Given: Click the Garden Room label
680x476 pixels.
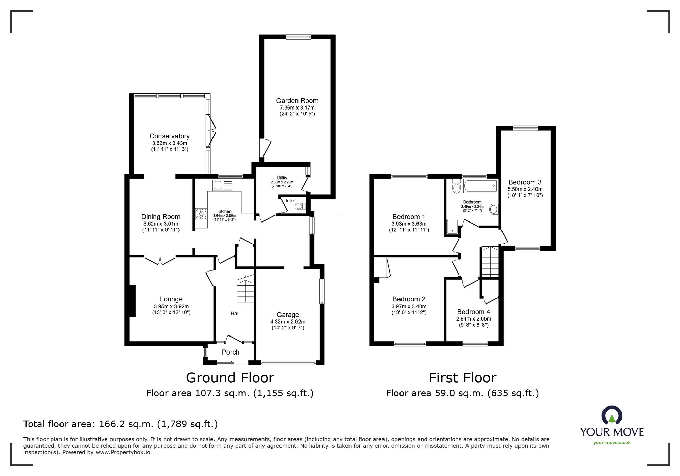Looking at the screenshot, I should [297, 101].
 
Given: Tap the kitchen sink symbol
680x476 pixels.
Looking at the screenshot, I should [223, 185].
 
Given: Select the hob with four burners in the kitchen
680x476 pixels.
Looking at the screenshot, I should [201, 214].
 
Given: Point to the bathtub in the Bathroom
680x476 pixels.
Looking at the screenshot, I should [480, 186].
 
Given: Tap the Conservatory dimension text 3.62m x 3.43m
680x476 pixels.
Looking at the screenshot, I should [169, 143].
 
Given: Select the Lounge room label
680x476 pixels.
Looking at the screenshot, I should [171, 299].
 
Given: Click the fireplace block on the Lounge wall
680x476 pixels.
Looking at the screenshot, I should [132, 301].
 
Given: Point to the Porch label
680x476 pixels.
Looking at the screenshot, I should [231, 352].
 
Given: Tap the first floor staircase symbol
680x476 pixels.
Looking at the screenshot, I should [490, 262].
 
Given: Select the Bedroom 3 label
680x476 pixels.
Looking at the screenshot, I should [525, 182].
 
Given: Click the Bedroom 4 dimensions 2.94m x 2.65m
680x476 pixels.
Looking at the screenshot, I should [473, 319].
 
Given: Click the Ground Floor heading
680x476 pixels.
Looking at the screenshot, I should [230, 378].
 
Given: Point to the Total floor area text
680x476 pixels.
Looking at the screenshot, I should [120, 424].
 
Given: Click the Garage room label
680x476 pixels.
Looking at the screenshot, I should [288, 315].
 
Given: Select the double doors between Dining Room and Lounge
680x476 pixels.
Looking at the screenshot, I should [160, 260].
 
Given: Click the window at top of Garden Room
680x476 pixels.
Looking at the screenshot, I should [298, 37].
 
